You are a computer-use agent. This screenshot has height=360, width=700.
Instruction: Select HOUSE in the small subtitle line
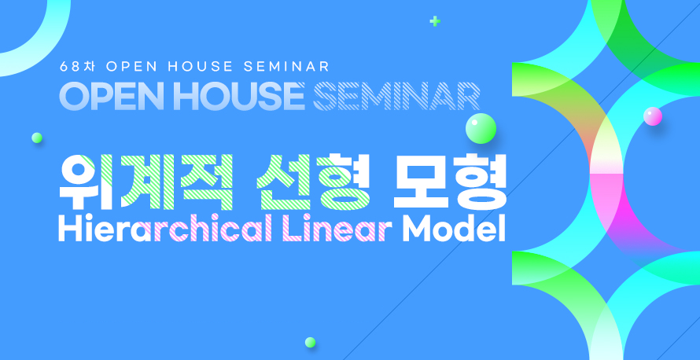(x=201, y=67)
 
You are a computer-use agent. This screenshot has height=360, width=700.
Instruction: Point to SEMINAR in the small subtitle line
(x=286, y=67)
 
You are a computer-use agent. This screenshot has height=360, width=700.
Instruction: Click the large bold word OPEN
(x=114, y=96)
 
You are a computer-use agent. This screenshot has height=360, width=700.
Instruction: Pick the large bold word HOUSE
(x=239, y=96)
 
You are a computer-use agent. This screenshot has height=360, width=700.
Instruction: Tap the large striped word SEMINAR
(x=396, y=96)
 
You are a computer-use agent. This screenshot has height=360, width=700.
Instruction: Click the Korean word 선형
(x=313, y=182)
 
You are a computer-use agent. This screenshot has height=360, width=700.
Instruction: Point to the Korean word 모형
(x=450, y=182)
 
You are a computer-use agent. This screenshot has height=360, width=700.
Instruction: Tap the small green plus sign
(x=435, y=21)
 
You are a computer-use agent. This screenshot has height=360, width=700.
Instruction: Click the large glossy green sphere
(x=481, y=128)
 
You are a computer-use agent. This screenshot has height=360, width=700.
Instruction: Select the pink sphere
(x=653, y=116)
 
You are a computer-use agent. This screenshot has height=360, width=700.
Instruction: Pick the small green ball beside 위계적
(x=37, y=138)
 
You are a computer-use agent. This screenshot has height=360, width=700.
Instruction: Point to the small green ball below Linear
(x=310, y=342)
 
